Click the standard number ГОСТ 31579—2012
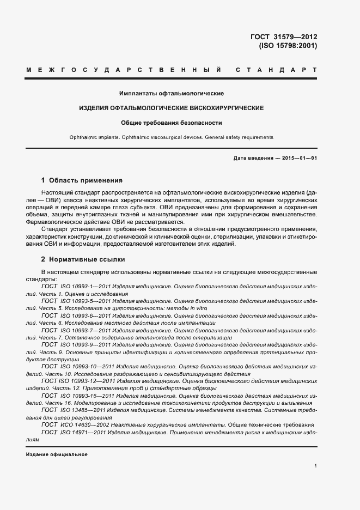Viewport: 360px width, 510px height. click(x=283, y=37)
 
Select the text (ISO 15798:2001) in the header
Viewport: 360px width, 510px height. click(x=288, y=46)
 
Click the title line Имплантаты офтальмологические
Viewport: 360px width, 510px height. click(x=172, y=94)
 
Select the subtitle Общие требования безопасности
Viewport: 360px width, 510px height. click(x=172, y=123)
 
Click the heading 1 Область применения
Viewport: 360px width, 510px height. click(x=82, y=180)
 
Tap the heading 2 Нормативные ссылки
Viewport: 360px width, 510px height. click(x=83, y=259)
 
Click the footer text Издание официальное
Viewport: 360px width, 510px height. click(x=57, y=454)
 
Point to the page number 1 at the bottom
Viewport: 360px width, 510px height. click(x=316, y=466)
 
